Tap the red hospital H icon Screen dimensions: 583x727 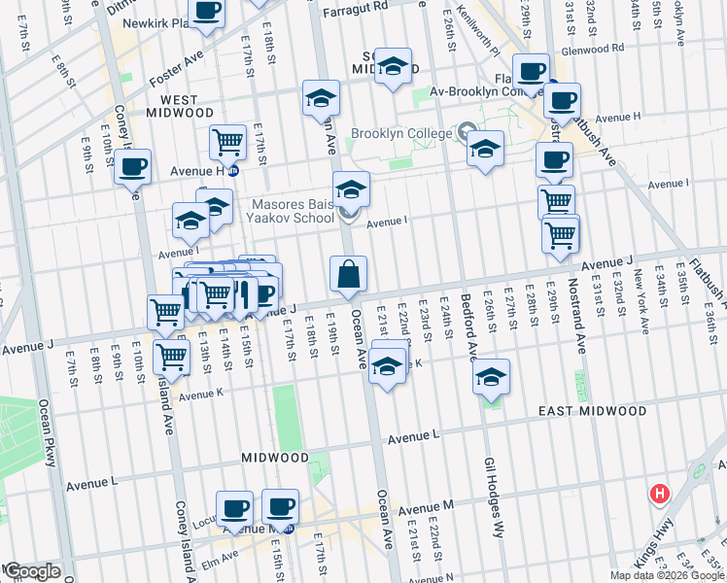click(661, 494)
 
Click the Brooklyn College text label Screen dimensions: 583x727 click(398, 134)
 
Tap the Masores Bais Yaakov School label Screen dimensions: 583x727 click(294, 212)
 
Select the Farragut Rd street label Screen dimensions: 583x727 click(355, 6)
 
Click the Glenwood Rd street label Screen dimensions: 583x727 click(591, 49)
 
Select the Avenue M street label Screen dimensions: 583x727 click(425, 507)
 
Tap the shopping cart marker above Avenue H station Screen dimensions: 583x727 click(227, 142)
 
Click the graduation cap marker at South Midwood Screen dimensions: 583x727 click(393, 66)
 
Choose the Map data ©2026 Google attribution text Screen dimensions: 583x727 click(666, 575)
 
